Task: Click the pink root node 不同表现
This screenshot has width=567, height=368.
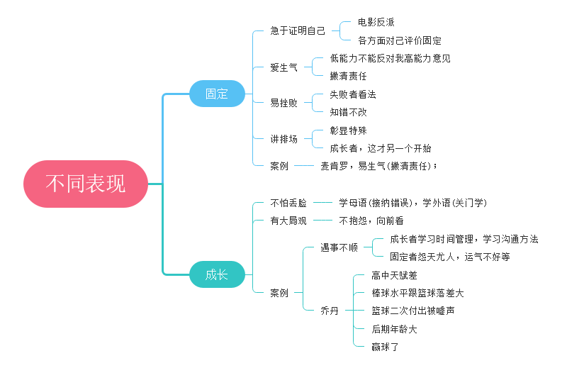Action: pyautogui.click(x=86, y=184)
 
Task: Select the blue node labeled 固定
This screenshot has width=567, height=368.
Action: pyautogui.click(x=217, y=94)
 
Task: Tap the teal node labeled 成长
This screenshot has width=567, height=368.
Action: pyautogui.click(x=217, y=274)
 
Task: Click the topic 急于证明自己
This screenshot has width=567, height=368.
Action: pyautogui.click(x=298, y=31)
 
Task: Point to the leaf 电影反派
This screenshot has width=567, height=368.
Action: pyautogui.click(x=376, y=23)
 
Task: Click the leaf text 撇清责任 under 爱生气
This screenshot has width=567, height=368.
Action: pyautogui.click(x=348, y=77)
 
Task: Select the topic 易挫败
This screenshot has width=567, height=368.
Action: pyautogui.click(x=283, y=104)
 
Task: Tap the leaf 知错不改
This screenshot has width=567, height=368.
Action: pyautogui.click(x=348, y=113)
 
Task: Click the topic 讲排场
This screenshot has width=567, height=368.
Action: pyautogui.click(x=283, y=140)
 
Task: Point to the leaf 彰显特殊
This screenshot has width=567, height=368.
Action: pyautogui.click(x=348, y=131)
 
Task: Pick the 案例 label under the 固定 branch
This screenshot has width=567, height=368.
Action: pyautogui.click(x=279, y=166)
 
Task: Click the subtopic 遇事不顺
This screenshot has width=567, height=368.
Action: pyautogui.click(x=339, y=248)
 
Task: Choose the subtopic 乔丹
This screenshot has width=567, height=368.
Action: pyautogui.click(x=330, y=311)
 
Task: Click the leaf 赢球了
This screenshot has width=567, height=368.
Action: pyautogui.click(x=386, y=347)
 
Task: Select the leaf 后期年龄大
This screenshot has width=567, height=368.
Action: pyautogui.click(x=394, y=329)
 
